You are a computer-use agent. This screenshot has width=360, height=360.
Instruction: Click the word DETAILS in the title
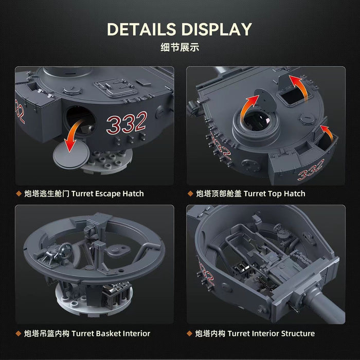(x=141, y=29)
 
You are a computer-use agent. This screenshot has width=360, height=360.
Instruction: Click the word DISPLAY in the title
(x=217, y=29)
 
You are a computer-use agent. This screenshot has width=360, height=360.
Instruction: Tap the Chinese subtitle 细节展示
(x=180, y=47)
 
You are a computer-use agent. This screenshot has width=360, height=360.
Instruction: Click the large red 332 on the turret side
(x=127, y=123)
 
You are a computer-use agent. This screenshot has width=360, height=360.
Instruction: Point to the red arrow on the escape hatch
(x=73, y=135)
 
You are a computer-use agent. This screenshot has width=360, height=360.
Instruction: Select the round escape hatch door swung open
(x=71, y=154)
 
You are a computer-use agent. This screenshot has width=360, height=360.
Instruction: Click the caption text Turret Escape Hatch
(x=107, y=194)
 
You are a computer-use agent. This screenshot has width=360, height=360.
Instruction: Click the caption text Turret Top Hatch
(x=274, y=194)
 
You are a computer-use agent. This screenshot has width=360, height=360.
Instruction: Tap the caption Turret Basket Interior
(x=111, y=333)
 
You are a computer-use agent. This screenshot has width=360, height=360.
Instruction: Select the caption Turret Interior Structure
(x=271, y=333)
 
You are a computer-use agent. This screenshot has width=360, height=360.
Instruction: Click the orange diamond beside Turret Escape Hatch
(x=19, y=193)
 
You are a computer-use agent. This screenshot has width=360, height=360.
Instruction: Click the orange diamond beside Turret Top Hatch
(x=190, y=193)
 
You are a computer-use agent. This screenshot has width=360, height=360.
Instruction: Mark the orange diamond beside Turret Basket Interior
(x=19, y=333)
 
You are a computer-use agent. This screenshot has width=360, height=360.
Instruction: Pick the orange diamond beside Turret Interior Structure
(x=190, y=333)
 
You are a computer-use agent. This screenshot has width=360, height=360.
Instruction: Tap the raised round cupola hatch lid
(x=266, y=101)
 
